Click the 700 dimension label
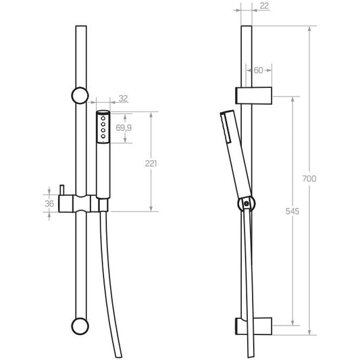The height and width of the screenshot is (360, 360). (309, 178)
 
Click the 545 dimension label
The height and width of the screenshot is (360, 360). (292, 211)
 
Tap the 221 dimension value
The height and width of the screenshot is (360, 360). (151, 163)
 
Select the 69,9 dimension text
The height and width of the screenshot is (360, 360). (124, 128)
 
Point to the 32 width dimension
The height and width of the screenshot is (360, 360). (124, 99)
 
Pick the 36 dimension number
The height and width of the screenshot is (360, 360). (49, 203)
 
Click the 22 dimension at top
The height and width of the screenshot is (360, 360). (264, 6)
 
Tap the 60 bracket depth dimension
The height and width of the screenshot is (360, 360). (259, 70)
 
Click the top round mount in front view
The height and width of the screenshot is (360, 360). (80, 95)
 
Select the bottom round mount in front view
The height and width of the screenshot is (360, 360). (80, 326)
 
